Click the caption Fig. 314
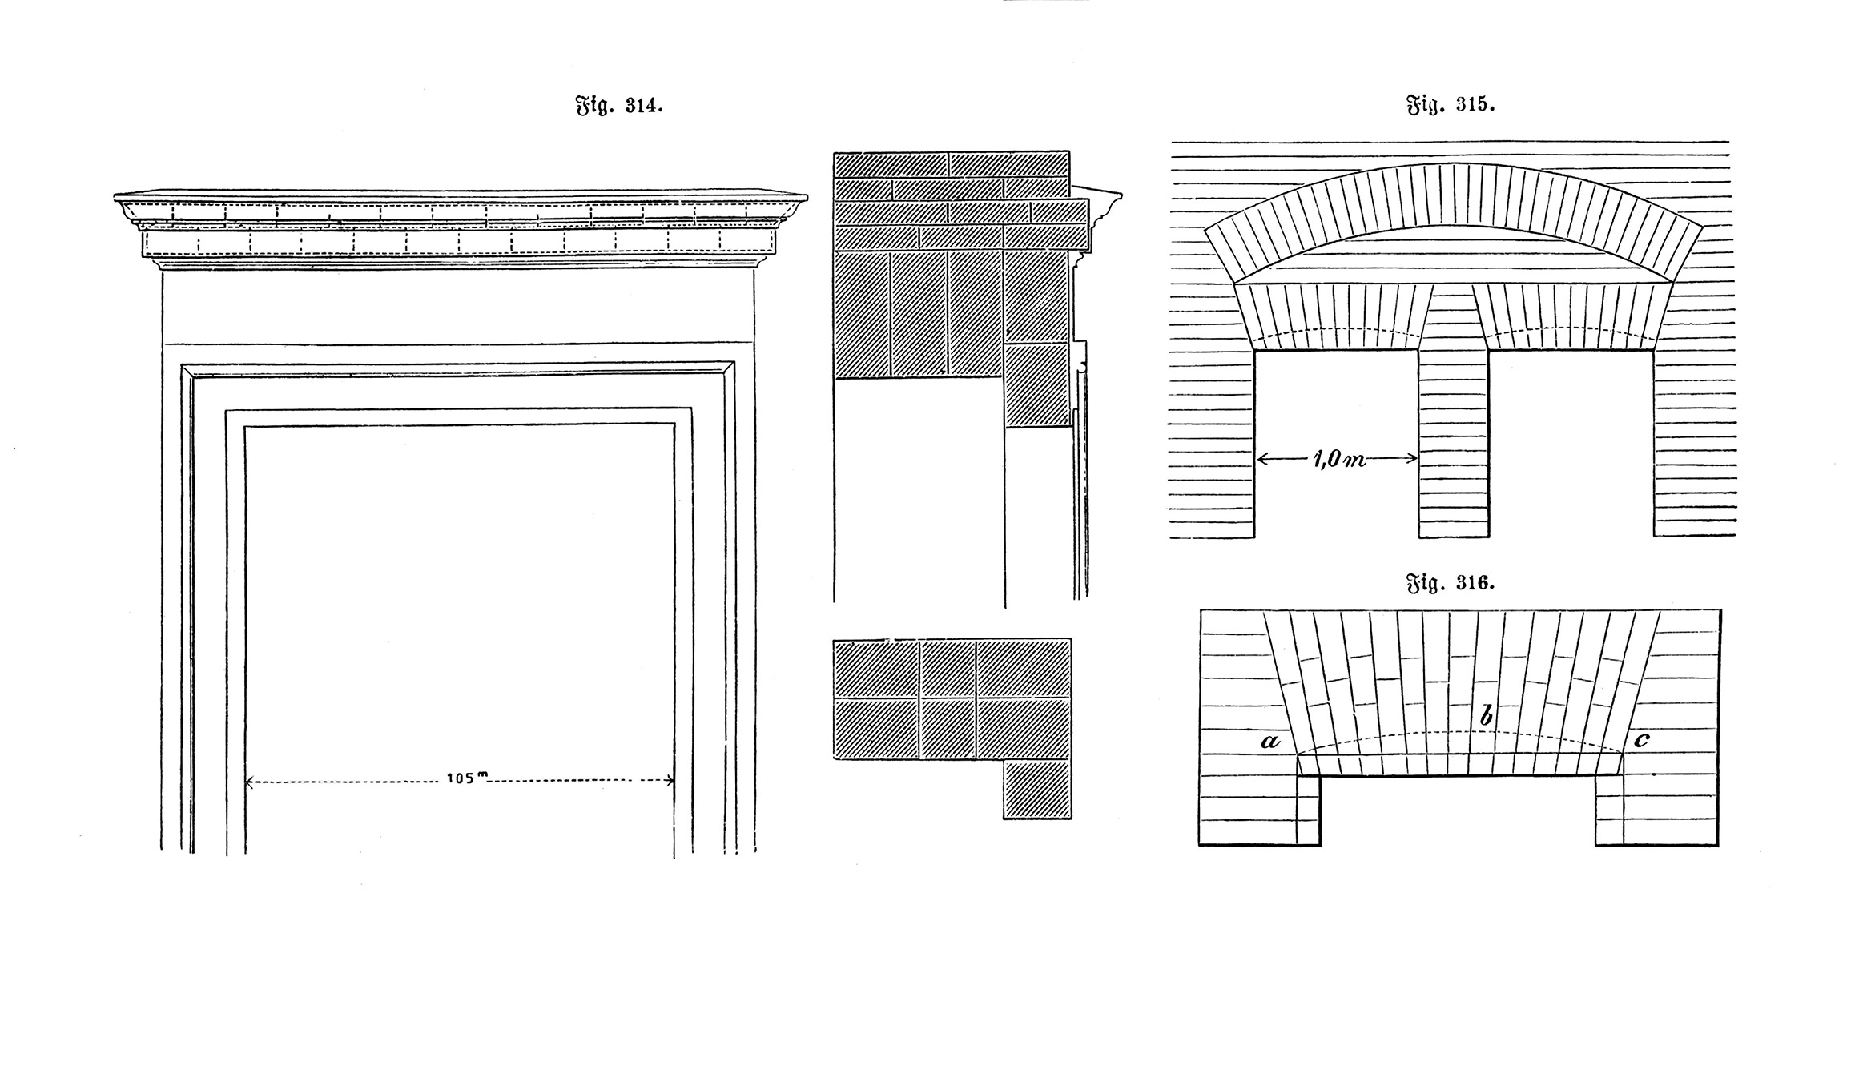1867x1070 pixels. click(x=619, y=106)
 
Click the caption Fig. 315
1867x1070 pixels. click(x=1451, y=105)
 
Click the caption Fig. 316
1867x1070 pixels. click(x=1451, y=582)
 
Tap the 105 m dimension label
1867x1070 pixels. click(x=468, y=778)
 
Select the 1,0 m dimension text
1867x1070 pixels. click(x=1338, y=460)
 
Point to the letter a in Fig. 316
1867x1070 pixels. click(x=1270, y=741)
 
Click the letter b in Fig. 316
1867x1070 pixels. click(x=1487, y=715)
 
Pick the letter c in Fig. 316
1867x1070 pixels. click(x=1642, y=740)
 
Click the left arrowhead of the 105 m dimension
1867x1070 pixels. click(x=249, y=782)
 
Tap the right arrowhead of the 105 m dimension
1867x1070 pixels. click(x=669, y=782)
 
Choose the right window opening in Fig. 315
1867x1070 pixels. click(x=1571, y=443)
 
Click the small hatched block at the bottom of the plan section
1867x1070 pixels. click(x=1037, y=789)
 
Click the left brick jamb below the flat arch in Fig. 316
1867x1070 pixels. click(x=1309, y=810)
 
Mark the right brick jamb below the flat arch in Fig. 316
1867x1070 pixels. click(x=1609, y=810)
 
